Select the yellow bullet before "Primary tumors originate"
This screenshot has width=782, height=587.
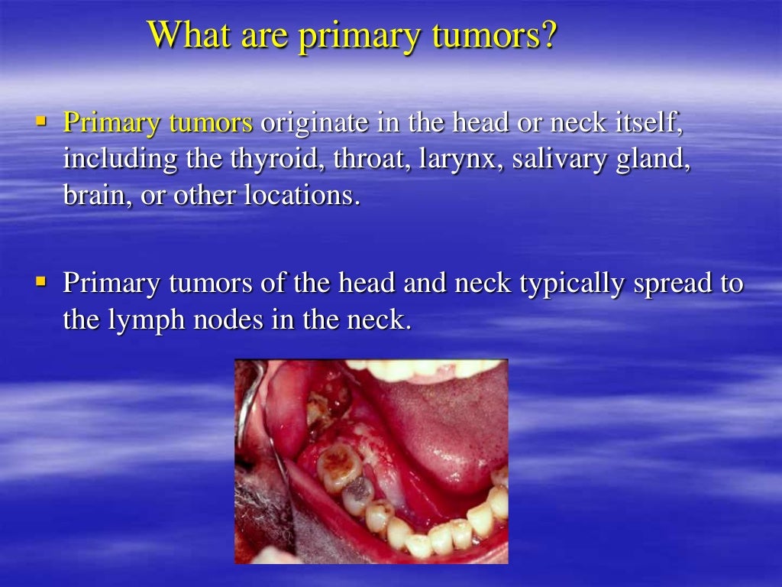point(42,120)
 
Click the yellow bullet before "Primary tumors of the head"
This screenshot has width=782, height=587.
point(42,281)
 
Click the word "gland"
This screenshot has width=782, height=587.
point(652,161)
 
